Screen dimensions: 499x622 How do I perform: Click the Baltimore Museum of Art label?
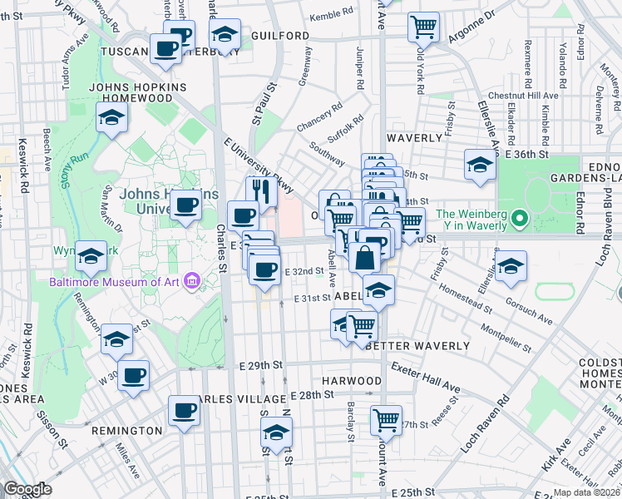coord(114,281)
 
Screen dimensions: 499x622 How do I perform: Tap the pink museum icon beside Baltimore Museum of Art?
coord(193,281)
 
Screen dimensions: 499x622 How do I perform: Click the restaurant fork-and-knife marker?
coord(261,192)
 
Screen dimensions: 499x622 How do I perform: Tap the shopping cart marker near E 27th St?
coord(386,421)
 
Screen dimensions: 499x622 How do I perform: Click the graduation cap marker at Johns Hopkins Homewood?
coord(111,118)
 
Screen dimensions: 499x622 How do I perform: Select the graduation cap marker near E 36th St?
coord(480,165)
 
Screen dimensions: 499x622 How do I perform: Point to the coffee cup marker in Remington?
coord(184,410)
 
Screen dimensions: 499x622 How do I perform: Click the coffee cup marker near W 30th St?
coord(133,376)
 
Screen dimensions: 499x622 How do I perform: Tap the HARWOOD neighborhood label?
coord(352,381)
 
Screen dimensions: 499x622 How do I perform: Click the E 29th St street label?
coord(260,365)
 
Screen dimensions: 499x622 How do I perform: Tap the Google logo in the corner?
coord(27,489)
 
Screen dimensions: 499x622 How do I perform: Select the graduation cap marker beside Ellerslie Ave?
coord(511,266)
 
